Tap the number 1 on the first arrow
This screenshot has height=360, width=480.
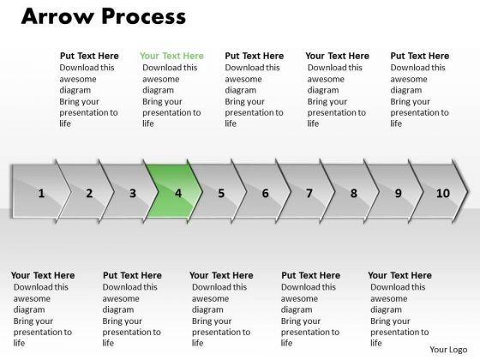tap(41, 194)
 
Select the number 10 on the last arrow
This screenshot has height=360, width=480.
tap(442, 194)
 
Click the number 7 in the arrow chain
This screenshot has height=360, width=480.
tap(309, 194)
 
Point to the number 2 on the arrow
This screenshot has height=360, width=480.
tap(89, 194)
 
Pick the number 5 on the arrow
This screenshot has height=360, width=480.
tap(221, 194)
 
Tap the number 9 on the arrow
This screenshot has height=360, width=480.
tap(398, 194)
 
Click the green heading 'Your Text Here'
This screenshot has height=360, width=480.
tap(171, 56)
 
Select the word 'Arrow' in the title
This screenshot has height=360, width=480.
tap(57, 16)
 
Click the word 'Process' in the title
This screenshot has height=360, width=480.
tap(144, 16)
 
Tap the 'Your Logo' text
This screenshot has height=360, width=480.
tap(448, 350)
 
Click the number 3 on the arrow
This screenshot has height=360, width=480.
tap(133, 194)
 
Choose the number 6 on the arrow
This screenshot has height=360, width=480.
tap(265, 194)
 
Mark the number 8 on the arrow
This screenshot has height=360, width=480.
tap(353, 194)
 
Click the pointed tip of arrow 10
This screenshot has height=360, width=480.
tap(468, 192)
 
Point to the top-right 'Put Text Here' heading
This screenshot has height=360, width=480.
tap(420, 56)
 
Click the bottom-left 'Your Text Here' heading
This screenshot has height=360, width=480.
tap(43, 275)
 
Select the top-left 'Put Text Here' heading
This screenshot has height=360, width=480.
tap(89, 56)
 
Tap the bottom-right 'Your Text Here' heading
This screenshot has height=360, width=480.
tap(399, 275)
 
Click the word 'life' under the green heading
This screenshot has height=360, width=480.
tap(147, 123)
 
